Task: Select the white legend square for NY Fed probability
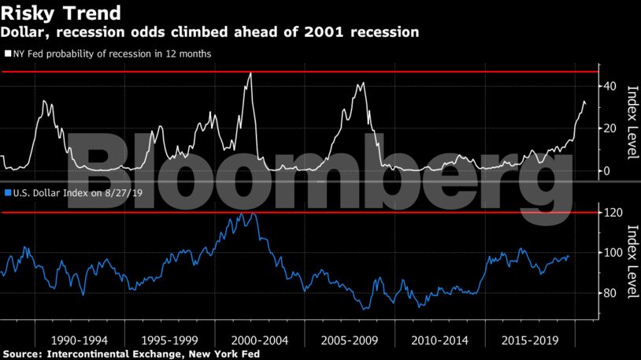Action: point(7,54)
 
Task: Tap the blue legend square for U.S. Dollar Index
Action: point(7,192)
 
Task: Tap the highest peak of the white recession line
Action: point(250,73)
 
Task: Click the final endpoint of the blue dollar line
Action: point(569,255)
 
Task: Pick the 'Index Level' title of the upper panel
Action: point(632,121)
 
